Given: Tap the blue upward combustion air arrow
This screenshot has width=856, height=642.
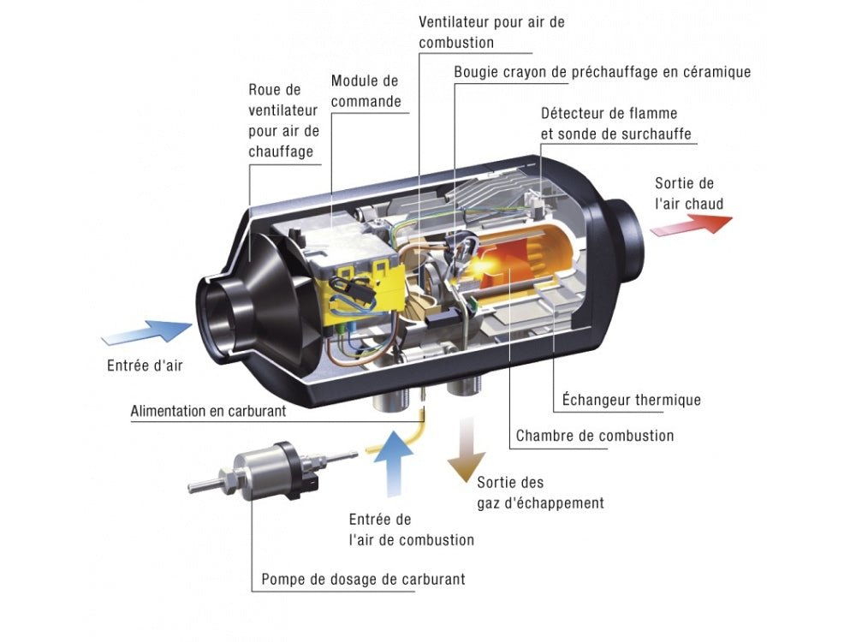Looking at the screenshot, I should tap(395, 462).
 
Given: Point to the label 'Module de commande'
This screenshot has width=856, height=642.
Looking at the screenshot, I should tap(366, 91).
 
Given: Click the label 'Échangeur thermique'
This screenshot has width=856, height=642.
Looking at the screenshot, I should tap(632, 400).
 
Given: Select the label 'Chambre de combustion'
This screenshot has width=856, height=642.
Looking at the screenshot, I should tap(595, 436).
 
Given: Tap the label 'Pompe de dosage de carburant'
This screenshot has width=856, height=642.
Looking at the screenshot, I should tap(364, 580).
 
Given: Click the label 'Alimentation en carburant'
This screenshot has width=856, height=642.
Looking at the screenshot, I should tap(208, 411).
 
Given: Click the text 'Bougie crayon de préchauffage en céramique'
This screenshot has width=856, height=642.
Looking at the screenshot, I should tap(602, 72).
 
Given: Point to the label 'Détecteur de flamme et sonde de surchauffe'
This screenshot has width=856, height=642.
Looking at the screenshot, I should tap(615, 123).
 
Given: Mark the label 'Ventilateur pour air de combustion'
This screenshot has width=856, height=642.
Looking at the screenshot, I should tap(491, 32).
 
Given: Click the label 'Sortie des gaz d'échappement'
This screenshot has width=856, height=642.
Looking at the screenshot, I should tap(540, 492).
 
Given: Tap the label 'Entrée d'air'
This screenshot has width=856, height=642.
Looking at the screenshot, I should tap(145, 366).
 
